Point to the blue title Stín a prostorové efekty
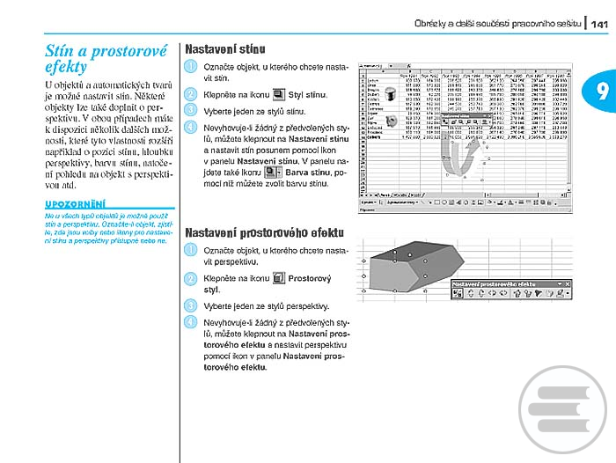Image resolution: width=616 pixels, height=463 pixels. click(106, 58)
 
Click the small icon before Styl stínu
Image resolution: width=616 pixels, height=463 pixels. click(278, 93)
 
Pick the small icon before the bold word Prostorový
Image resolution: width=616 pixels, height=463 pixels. click(278, 279)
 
